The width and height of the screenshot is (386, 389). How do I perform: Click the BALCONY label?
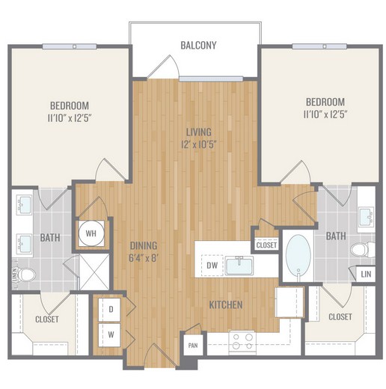(198, 46)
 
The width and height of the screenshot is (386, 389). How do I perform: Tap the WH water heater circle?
(91, 233)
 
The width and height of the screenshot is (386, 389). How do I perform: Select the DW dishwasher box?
(212, 266)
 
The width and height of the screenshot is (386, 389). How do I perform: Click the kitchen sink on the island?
(239, 266)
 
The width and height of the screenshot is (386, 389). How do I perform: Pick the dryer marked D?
(109, 309)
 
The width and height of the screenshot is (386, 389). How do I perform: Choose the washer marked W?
(109, 335)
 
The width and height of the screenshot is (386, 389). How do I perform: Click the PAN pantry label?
(193, 346)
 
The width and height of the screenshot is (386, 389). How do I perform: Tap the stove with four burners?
(242, 341)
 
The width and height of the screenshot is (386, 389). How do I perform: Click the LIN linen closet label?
(366, 275)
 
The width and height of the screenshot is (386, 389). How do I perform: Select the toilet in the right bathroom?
(362, 250)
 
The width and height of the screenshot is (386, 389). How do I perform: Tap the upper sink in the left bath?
(24, 205)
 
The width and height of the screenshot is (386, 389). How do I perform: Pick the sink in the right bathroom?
(367, 216)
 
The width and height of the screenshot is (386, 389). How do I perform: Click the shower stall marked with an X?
(94, 272)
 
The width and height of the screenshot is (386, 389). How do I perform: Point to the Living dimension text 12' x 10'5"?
(198, 144)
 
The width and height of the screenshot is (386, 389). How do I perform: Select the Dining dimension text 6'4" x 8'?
(144, 258)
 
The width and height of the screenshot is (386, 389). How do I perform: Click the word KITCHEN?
(226, 304)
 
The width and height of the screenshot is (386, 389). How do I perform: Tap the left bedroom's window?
(70, 46)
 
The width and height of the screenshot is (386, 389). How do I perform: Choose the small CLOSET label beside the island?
(266, 245)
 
